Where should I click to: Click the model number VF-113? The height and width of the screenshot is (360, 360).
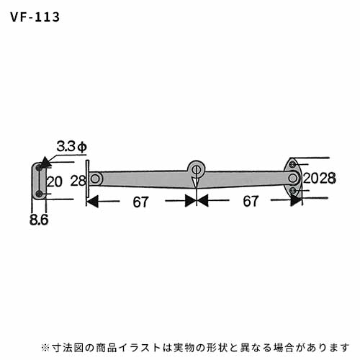click(x=35, y=17)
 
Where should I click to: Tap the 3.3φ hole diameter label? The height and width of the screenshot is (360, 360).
click(x=71, y=146)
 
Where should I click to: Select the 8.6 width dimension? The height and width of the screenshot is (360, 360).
click(x=39, y=220)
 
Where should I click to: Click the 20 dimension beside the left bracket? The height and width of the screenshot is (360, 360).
click(x=54, y=181)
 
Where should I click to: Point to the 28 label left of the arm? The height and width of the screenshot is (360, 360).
click(x=78, y=181)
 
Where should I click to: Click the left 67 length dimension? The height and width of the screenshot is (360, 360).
click(x=141, y=202)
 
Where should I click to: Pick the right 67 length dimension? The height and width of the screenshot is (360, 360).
click(x=251, y=201)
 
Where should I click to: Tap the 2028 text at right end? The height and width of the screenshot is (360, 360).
click(x=320, y=179)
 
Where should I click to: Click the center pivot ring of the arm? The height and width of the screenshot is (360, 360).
click(x=197, y=169)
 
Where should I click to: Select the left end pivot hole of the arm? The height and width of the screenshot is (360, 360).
click(x=95, y=179)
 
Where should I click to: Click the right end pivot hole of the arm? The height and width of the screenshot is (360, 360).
click(x=292, y=178)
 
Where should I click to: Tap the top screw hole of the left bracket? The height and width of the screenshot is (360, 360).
click(x=39, y=168)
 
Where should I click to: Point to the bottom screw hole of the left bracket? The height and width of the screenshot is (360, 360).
click(x=39, y=194)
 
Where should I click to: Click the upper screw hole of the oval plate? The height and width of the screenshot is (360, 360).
click(x=292, y=165)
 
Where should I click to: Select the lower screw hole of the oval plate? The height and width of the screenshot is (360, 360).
click(x=292, y=191)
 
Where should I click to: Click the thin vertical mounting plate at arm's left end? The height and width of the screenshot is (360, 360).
click(x=88, y=179)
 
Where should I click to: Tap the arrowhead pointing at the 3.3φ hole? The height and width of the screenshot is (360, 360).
click(x=45, y=163)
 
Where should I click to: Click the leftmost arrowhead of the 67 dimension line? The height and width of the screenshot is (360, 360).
click(x=92, y=201)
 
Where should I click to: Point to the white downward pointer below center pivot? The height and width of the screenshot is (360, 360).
click(x=197, y=181)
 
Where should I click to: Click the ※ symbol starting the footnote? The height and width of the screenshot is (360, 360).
click(x=45, y=348)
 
